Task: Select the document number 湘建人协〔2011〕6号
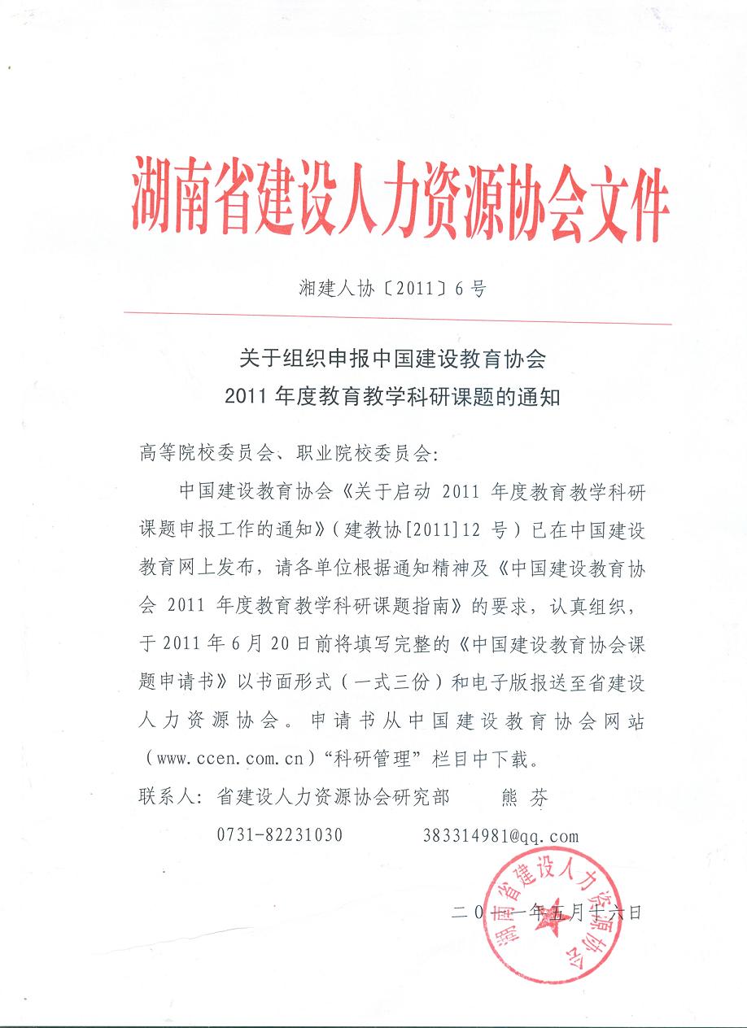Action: click(392, 289)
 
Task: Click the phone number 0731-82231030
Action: click(279, 836)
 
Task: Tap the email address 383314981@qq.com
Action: click(500, 836)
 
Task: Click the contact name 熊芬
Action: click(522, 798)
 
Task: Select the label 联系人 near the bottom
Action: click(167, 798)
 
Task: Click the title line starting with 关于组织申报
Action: click(392, 358)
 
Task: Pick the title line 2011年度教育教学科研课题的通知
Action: click(392, 398)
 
